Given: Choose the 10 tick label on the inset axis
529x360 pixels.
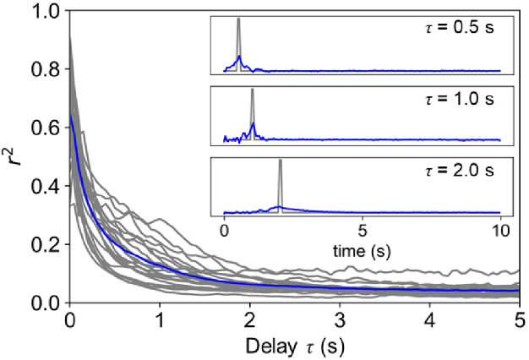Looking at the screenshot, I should click(500, 229).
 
